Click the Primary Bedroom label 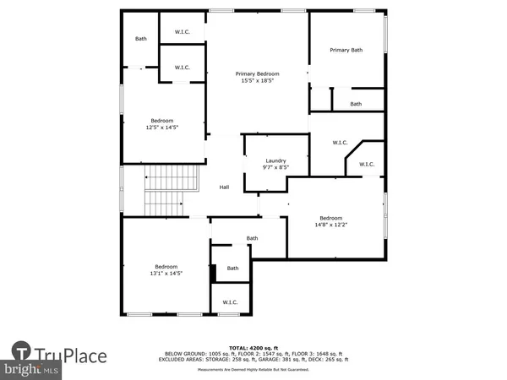pos(257,74)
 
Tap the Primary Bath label pos(346,51)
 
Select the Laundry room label pos(275,160)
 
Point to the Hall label pos(225,187)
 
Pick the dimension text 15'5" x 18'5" pos(257,82)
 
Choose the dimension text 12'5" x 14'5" pos(164,128)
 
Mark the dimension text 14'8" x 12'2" pos(330,224)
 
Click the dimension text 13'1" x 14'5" pos(166,274)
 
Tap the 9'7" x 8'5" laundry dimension pos(275,168)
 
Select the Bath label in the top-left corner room pos(141,39)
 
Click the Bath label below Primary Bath pos(356,104)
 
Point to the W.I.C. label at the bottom pos(230,301)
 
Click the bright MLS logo pos(31,370)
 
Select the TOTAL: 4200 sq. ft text pos(253,347)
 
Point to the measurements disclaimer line pos(253,369)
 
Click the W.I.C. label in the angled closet pos(366,164)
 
